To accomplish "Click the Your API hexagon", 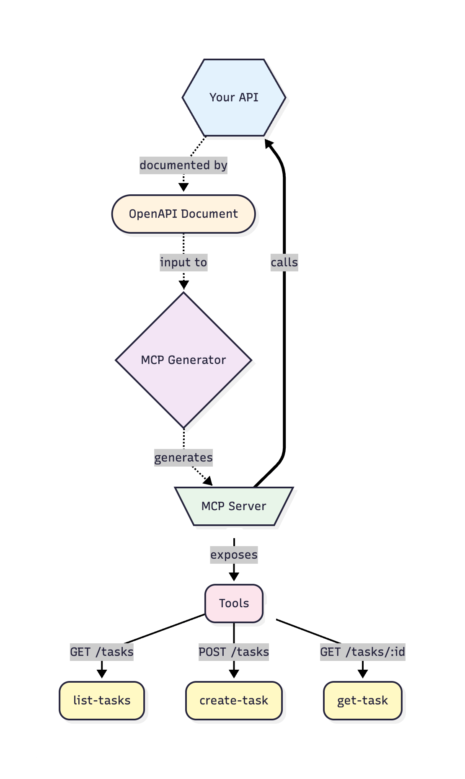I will [234, 98].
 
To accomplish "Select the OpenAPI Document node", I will [183, 214].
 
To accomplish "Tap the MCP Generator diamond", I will [183, 360].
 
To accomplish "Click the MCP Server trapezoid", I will [234, 506].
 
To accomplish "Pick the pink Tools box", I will [234, 603].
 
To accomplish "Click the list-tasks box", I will [102, 700].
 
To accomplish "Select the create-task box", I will [234, 700].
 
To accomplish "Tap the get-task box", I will [362, 700].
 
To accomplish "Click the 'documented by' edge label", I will [183, 165].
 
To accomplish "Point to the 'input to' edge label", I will [183, 263].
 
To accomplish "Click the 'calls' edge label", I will [284, 263].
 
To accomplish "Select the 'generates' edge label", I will [183, 457].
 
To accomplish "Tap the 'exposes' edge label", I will [234, 555].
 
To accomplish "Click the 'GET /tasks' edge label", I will [102, 652].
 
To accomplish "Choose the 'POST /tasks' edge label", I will [234, 652].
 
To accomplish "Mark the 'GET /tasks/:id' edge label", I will [362, 652].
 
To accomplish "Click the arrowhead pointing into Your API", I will [269, 144].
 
